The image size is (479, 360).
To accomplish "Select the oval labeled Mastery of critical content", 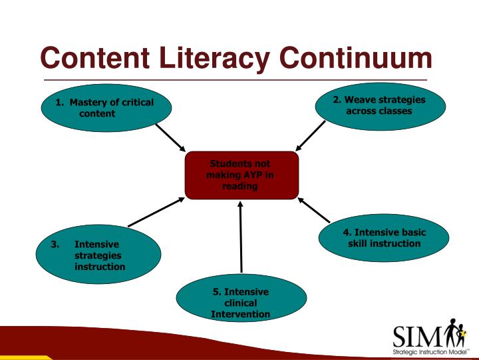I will click(106, 108).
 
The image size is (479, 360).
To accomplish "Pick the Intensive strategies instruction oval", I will click(98, 255).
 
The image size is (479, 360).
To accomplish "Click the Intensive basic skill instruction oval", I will click(384, 238).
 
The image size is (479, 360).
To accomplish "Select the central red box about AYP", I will click(241, 175).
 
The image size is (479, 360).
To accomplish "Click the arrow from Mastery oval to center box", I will click(171, 137).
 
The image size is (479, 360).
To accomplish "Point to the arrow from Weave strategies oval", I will click(311, 136).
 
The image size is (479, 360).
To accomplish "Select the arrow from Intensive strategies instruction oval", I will click(156, 212).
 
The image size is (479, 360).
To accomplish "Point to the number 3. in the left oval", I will click(56, 244).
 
